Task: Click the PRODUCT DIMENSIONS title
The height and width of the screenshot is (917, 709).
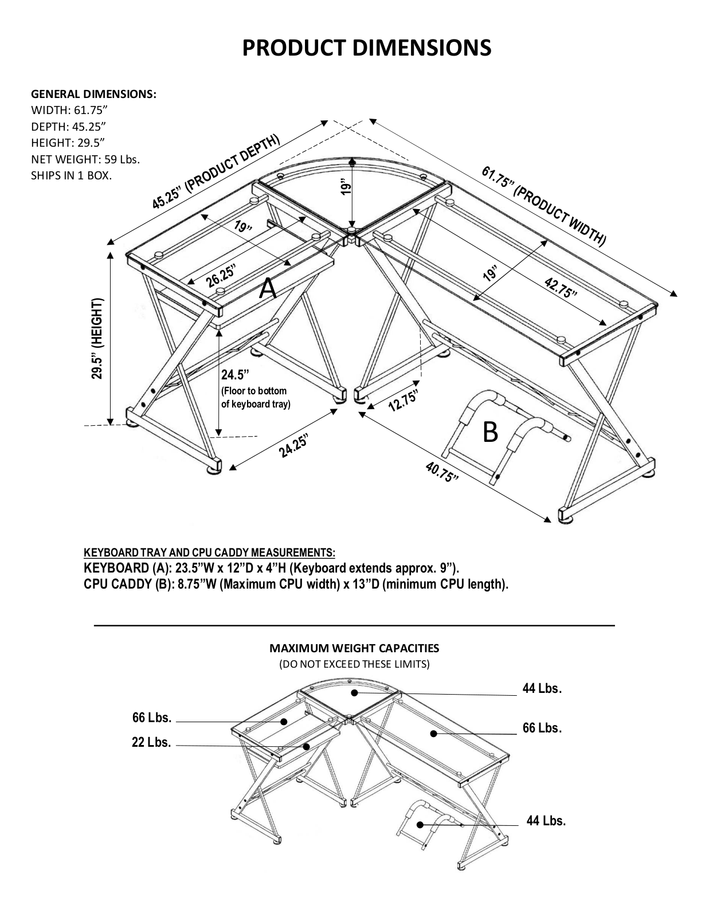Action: coord(366,48)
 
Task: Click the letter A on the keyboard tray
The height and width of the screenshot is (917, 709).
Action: coord(268,289)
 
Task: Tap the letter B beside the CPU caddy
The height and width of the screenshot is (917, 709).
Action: coord(490,432)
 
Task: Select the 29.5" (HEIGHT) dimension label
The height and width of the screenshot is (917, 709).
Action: coord(97,339)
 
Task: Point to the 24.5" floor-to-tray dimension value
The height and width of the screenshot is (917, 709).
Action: coord(235,374)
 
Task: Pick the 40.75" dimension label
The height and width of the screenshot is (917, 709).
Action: coord(441,472)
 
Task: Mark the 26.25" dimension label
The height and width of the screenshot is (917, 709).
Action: coord(220,275)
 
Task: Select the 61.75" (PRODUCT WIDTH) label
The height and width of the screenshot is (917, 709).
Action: coord(544,206)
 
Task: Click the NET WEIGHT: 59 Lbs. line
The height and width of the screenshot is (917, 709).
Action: coord(85,159)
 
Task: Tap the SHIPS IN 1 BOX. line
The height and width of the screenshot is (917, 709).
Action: coord(71,175)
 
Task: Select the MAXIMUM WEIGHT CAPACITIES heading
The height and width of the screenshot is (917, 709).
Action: coord(354,648)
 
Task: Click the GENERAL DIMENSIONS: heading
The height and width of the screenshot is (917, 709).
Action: coord(93,94)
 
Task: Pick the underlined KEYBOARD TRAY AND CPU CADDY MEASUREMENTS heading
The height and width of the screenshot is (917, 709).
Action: coord(209,552)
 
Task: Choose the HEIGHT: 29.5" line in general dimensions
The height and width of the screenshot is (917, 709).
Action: coord(68,143)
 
